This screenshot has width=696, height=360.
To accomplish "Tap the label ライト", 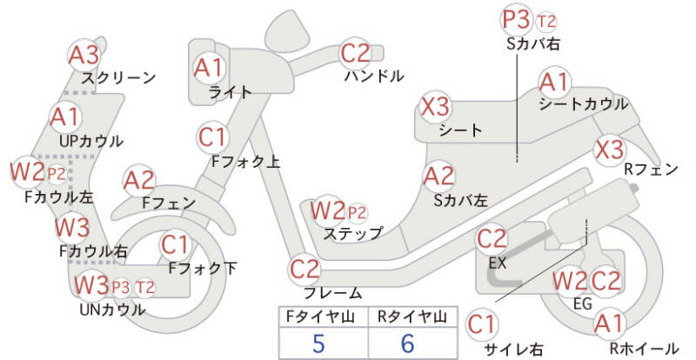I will (231, 91).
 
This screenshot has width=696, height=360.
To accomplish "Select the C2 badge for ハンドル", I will (356, 54).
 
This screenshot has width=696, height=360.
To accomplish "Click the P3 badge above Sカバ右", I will (516, 19).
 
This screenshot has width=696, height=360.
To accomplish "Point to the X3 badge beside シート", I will (436, 107).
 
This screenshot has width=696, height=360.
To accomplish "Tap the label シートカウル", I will (583, 103).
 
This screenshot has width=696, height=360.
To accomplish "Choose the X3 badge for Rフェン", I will (609, 149).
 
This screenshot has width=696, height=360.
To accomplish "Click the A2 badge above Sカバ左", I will (438, 177).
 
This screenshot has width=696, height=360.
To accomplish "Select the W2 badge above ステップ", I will (328, 210).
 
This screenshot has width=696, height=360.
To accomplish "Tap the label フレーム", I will (332, 293).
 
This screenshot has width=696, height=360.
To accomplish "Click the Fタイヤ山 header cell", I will (318, 316).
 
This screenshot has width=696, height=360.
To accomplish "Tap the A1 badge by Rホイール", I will (609, 324).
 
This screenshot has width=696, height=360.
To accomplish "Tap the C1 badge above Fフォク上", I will (213, 137).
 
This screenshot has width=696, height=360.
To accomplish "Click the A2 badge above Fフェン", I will (139, 180).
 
